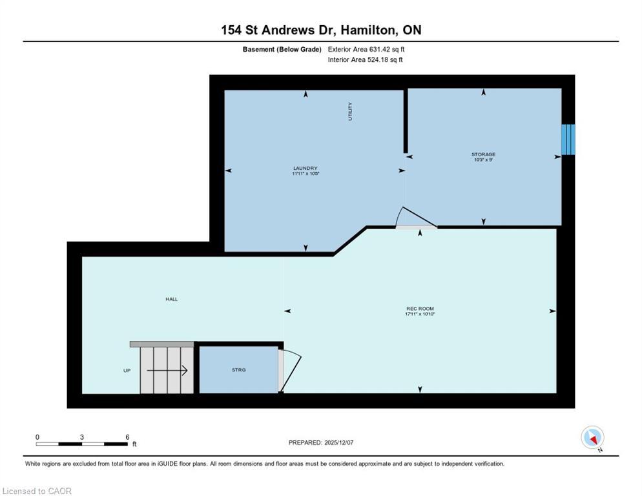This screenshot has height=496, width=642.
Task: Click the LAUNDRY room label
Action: coord(305,169)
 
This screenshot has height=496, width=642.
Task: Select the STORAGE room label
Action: coord(483,154)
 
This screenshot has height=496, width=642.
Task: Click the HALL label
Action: coord(171,299)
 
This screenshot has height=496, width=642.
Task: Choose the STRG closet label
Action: coord(238,370)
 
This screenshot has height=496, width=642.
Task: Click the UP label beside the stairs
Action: coord(127,371)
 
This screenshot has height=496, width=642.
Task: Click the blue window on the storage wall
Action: coord(567,139)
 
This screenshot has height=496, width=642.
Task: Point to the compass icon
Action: coord(592,438)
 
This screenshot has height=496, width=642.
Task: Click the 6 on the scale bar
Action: coord(127,437)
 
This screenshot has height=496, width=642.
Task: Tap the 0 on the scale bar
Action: coord(37,437)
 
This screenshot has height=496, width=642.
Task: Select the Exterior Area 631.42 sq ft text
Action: coord(366,49)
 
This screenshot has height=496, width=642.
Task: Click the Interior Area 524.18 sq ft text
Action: coord(366,60)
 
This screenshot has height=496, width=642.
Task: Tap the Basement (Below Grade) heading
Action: coord(282,49)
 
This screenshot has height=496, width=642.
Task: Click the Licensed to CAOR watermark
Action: coord(37,491)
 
